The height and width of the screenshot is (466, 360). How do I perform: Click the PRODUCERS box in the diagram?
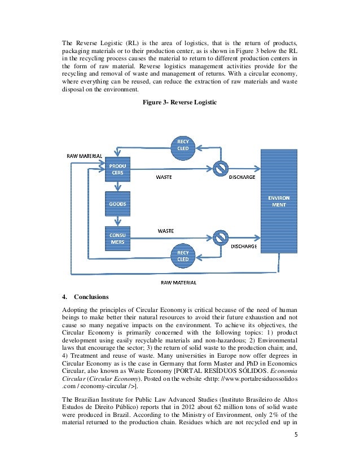118,169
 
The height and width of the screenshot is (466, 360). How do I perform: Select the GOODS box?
118,204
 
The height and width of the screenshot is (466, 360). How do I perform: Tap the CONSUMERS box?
118,238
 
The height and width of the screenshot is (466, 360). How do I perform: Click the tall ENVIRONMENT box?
278,201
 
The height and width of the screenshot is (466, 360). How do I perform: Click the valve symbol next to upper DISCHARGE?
221,168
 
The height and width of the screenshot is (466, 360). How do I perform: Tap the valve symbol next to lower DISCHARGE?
221,236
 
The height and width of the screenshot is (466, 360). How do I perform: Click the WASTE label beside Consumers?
165,231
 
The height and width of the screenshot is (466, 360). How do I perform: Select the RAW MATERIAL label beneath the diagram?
179,282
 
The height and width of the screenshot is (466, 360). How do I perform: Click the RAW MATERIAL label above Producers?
85,155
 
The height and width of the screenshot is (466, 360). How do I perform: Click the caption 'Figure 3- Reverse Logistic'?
180,103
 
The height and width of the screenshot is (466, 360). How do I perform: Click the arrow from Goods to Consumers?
118,221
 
